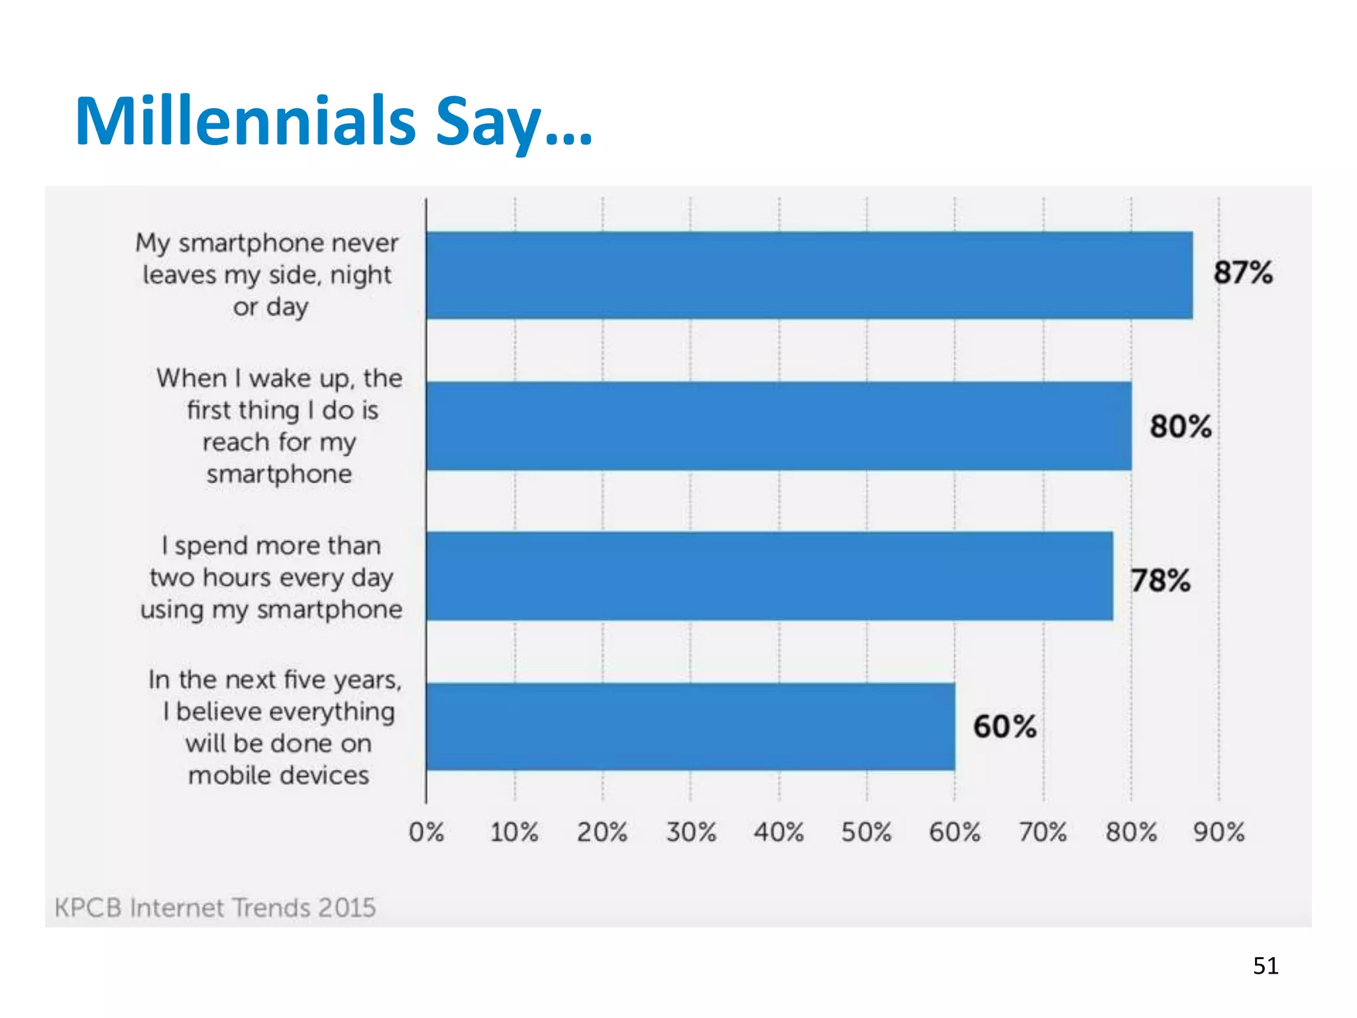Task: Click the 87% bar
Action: (808, 275)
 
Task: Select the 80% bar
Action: (779, 425)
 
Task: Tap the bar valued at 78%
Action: (769, 575)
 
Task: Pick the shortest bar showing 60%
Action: (690, 726)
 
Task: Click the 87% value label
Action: (1243, 272)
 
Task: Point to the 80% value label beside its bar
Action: (1180, 426)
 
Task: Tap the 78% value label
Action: (1160, 581)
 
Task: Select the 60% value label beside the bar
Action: (1004, 726)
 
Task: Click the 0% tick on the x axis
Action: (426, 832)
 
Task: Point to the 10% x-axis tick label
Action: (514, 832)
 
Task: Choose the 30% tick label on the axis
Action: (690, 832)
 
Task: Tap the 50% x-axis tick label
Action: (866, 832)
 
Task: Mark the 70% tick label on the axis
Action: (1043, 832)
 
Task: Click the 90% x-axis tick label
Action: (1219, 832)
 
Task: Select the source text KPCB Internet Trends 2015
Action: (215, 907)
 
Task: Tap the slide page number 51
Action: (1265, 966)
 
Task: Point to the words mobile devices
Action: (278, 775)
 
